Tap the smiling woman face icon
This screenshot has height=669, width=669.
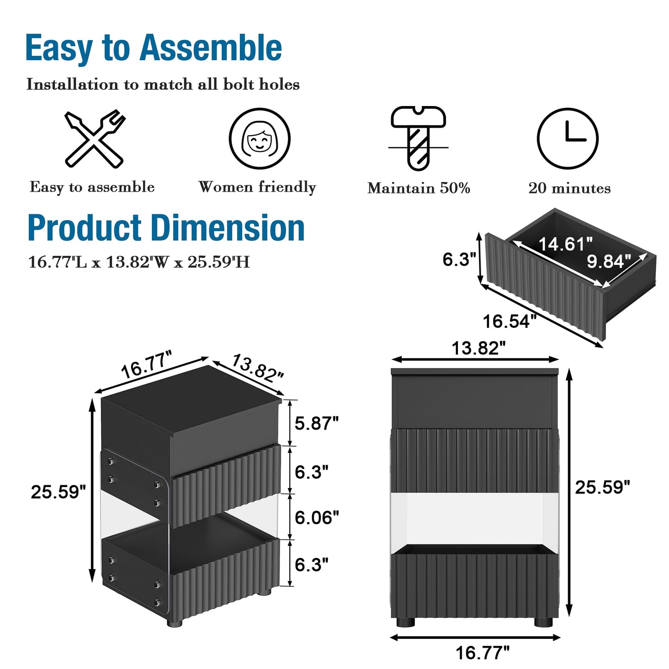pos(259,139)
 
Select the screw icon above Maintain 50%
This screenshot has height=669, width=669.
pos(419,138)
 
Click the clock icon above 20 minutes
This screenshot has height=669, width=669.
pos(568,138)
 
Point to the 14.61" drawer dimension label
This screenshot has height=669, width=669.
pos(566,244)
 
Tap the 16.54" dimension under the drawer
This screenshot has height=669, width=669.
pos(510,321)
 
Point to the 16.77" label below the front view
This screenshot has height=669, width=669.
pos(482,653)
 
